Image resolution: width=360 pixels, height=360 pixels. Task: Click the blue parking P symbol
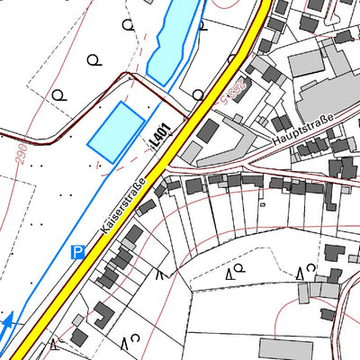[x=78, y=253]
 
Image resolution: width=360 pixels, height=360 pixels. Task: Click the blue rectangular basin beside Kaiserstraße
[x=116, y=132]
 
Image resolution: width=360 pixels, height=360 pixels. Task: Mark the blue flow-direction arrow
[x=9, y=322]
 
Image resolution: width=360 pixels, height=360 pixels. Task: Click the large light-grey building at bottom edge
[x=280, y=349]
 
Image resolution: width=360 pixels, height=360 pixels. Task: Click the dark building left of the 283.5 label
[x=207, y=131]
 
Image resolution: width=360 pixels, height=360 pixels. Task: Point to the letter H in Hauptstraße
[x=274, y=149]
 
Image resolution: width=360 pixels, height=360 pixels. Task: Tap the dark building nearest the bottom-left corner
[x=79, y=337]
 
